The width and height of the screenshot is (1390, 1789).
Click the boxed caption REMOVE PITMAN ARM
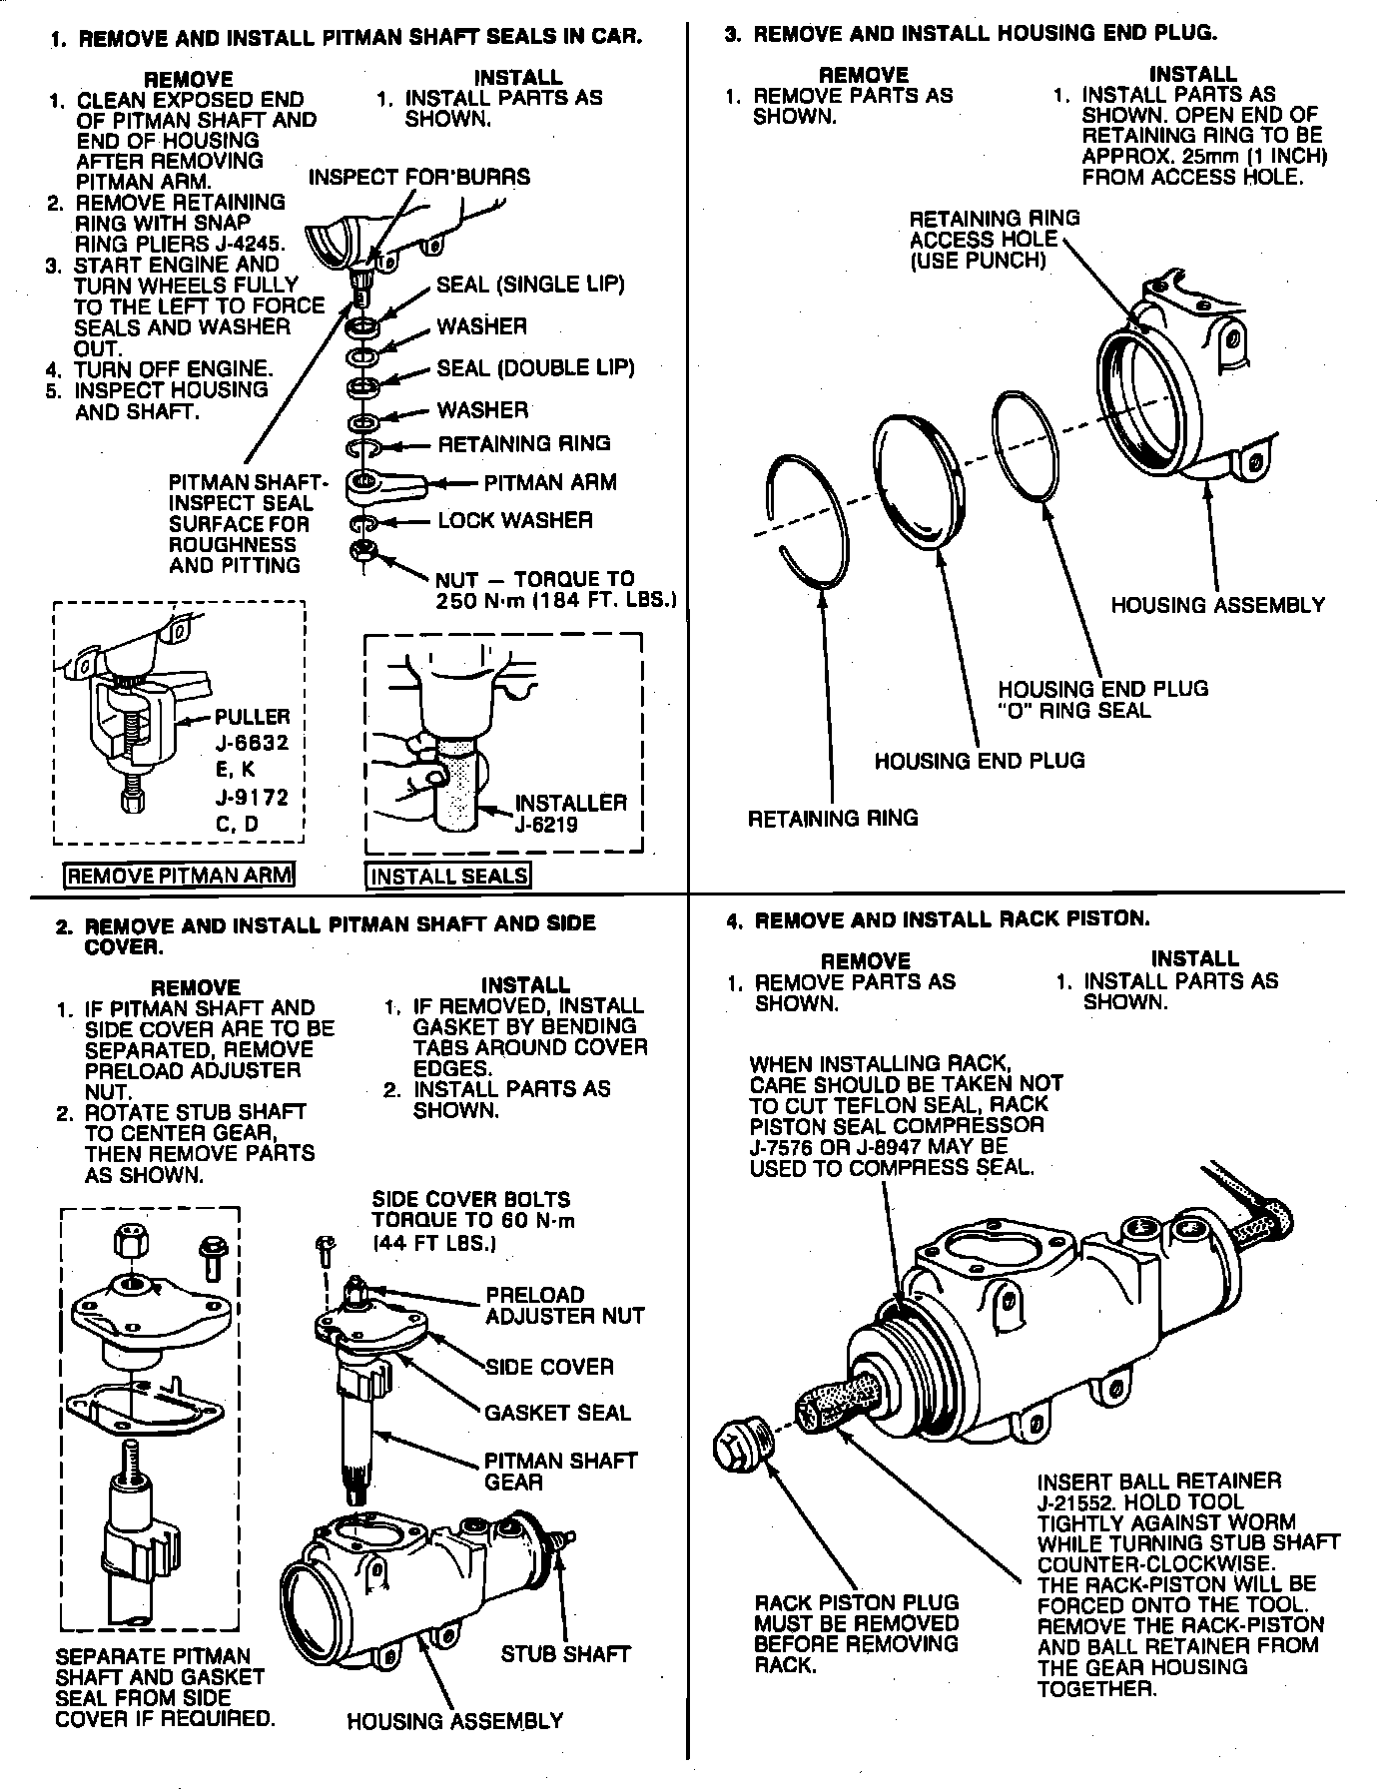pos(180,877)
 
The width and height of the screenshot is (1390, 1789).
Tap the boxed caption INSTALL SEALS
pos(448,877)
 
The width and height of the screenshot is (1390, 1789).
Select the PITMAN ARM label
pos(550,483)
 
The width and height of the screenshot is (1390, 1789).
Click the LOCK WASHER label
pos(515,521)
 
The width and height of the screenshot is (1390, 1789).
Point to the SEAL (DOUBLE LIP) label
pos(535,368)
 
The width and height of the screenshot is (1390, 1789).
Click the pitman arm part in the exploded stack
pos(384,485)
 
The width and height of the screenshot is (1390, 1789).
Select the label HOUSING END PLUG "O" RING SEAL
pos(1101,700)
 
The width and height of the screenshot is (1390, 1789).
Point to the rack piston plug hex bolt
pos(742,1445)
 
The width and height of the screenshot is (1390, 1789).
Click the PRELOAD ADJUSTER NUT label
pos(564,1306)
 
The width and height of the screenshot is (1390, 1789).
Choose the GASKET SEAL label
pos(557,1413)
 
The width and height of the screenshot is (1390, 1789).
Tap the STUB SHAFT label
pos(565,1654)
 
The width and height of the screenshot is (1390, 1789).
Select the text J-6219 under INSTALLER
pos(546,824)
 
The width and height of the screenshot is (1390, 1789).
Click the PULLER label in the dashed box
pos(252,717)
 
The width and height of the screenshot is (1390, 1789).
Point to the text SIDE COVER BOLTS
pos(471,1199)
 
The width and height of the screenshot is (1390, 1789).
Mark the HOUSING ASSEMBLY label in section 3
pos(1217,605)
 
